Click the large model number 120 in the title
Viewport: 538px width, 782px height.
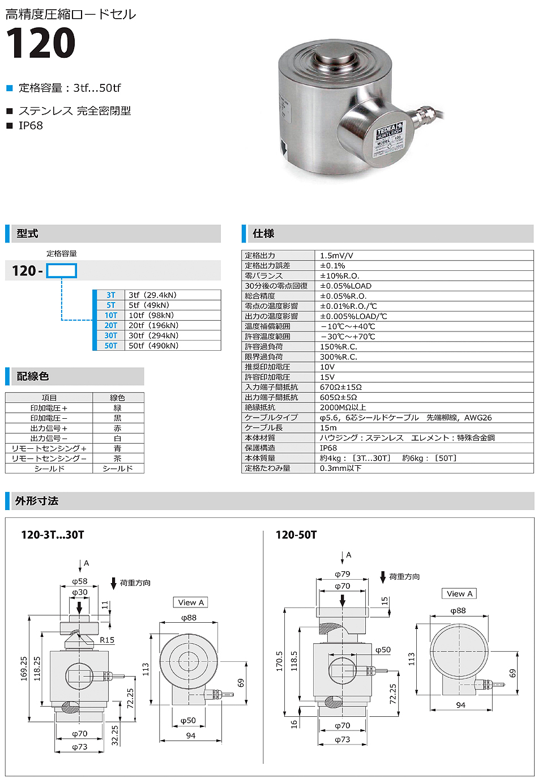40,44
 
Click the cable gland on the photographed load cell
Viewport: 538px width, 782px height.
422,117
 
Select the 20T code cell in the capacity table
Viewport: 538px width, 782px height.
111,325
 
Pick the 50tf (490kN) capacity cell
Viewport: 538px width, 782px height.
153,346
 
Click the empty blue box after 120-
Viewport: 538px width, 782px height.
61,271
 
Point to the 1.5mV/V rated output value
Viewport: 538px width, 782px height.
336,256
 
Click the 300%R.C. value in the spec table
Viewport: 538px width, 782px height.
339,357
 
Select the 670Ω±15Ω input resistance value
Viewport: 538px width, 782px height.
340,387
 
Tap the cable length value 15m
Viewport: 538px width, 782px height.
328,428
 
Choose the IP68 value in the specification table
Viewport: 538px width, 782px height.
328,448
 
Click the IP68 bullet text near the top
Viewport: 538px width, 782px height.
31,126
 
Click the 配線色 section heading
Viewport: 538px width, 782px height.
33,376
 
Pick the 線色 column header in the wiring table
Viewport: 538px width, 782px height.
117,398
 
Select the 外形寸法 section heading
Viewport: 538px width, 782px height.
37,501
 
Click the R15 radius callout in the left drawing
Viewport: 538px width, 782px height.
107,640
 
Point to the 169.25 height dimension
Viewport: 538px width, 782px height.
24,669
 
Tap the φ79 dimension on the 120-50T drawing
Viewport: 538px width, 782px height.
343,574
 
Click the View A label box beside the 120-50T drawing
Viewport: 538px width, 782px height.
459,593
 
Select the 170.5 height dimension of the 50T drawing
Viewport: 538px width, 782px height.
279,661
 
